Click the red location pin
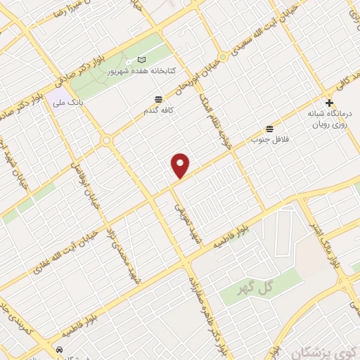click(181, 165)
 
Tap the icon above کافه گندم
click(158, 99)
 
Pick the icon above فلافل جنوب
click(269, 128)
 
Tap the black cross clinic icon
click(329, 103)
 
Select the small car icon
click(60, 349)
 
